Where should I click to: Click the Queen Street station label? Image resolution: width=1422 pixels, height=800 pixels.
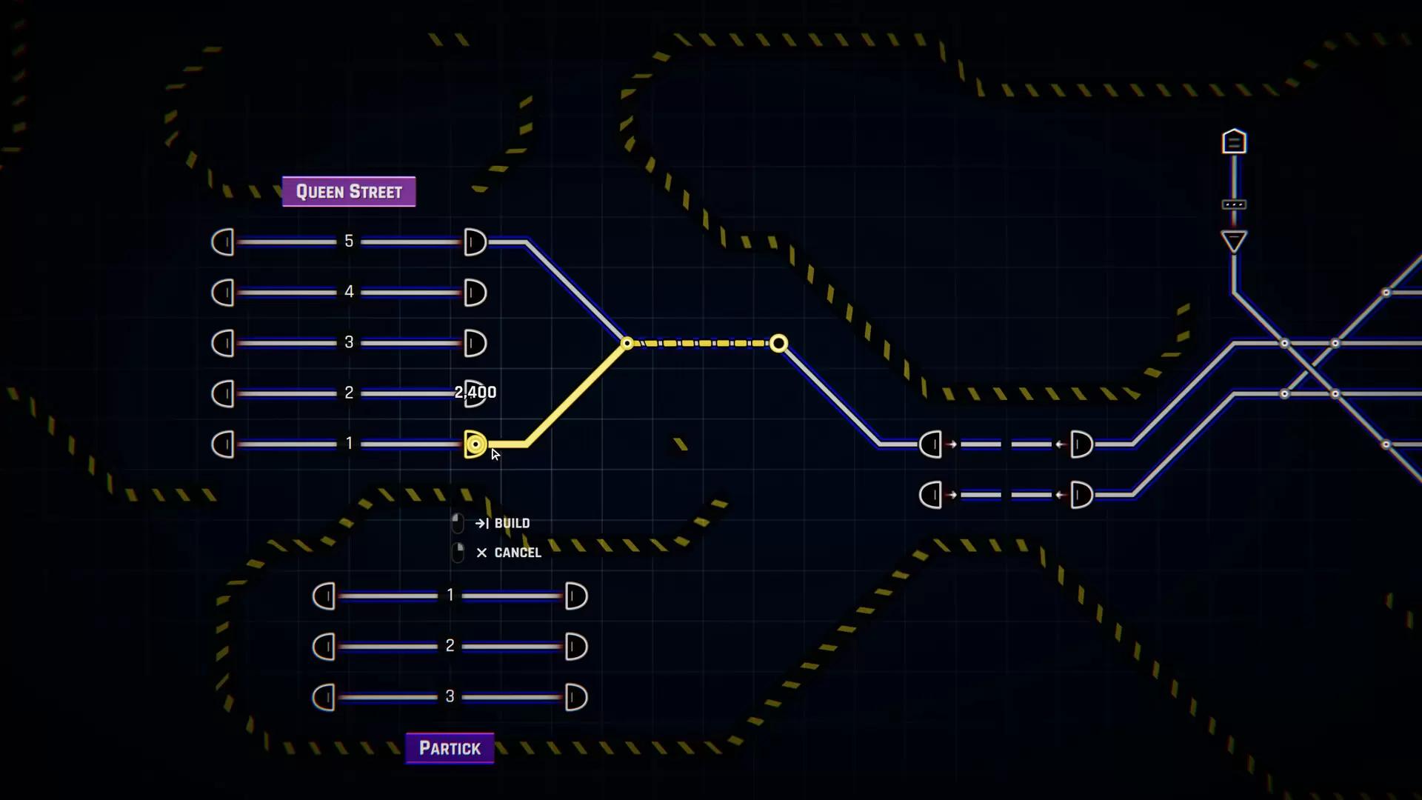point(349,192)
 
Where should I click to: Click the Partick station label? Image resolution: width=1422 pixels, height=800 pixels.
point(450,748)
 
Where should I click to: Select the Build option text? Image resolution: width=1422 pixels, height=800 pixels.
point(512,523)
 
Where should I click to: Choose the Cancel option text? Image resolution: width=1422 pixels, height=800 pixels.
point(518,553)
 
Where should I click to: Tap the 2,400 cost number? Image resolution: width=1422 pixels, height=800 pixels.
point(475,392)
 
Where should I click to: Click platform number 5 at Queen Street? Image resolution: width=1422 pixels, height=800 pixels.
point(349,241)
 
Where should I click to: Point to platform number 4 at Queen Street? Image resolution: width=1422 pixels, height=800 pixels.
point(349,292)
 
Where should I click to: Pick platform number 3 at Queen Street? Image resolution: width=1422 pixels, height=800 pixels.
point(349,342)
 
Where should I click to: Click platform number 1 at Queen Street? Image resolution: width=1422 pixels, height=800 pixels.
point(349,444)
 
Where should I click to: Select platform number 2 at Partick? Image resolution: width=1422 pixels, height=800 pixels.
point(450,646)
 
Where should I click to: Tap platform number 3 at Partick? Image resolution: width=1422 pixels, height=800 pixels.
point(450,696)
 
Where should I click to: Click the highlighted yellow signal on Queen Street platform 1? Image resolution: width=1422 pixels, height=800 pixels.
point(475,444)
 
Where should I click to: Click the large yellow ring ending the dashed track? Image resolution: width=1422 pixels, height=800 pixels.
point(778,343)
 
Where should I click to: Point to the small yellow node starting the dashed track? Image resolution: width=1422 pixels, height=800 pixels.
point(627,343)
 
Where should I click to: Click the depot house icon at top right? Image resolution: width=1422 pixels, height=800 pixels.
point(1234,141)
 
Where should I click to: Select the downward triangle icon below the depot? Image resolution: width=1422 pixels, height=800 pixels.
point(1234,241)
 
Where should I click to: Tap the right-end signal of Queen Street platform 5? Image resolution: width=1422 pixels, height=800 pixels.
point(475,242)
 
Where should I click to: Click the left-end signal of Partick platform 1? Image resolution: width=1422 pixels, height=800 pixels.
point(324,596)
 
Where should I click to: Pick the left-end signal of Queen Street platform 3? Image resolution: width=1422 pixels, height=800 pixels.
point(223,343)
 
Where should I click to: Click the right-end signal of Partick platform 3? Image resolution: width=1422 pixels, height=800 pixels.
point(575,697)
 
